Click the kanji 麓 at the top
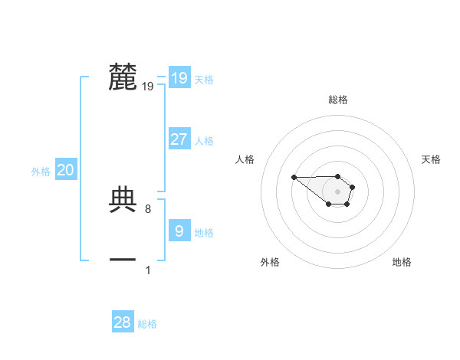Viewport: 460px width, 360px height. [x=123, y=77]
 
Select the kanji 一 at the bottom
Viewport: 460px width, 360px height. [x=123, y=260]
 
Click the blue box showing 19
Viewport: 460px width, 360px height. [x=179, y=77]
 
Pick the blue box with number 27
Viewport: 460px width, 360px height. [x=179, y=139]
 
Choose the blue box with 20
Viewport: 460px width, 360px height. [x=65, y=170]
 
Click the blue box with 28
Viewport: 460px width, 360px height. [x=123, y=322]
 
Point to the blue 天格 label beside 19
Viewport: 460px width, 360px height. [x=204, y=80]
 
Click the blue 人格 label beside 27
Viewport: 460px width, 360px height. [x=204, y=141]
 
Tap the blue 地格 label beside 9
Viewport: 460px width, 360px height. [x=204, y=233]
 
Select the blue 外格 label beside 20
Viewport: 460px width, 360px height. [x=41, y=172]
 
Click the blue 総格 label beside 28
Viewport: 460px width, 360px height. [x=147, y=325]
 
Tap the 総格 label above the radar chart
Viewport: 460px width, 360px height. [x=338, y=100]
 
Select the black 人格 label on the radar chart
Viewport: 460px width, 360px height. [x=245, y=159]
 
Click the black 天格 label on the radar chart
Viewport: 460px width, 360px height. [x=431, y=159]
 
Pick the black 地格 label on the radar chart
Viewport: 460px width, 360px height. [x=402, y=262]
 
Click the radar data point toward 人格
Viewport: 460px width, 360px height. [x=294, y=178]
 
